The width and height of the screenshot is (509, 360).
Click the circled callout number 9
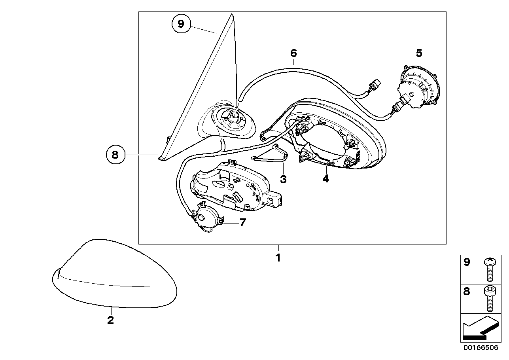click(181, 24)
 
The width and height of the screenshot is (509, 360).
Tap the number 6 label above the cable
click(293, 53)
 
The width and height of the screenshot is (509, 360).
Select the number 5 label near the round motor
click(419, 53)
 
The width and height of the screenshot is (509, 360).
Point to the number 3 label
click(283, 179)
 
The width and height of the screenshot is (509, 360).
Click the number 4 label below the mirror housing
click(325, 179)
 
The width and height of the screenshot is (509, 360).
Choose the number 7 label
click(242, 223)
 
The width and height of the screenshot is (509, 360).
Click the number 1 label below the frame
click(278, 258)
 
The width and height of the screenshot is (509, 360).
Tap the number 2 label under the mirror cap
click(110, 320)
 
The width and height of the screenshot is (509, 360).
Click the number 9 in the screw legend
click(467, 262)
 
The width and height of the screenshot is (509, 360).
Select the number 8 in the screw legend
click(467, 292)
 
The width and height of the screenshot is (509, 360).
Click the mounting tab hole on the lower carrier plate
click(272, 201)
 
